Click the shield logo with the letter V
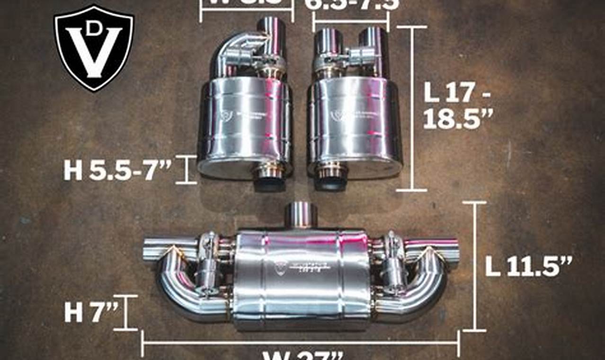pos(94,47)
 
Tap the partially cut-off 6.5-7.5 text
pos(351,5)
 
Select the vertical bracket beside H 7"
pos(126,312)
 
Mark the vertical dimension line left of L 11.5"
pos(475,266)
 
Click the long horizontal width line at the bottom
pos(300,342)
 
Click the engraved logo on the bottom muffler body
pos(281,266)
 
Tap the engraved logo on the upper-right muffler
pos(337,115)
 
